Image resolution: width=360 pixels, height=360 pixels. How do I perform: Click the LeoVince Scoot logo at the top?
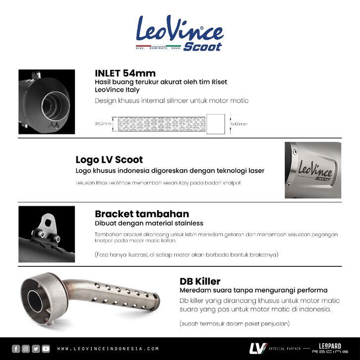[x=179, y=33]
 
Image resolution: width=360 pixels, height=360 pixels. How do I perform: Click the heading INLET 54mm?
[x=125, y=73]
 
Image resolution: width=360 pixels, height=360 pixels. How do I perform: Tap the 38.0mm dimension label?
[x=105, y=124]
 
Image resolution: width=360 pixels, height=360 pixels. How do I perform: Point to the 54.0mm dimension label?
[x=239, y=124]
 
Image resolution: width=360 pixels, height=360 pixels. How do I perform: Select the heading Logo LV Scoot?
[x=109, y=160]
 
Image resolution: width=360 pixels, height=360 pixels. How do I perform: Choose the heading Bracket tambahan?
[x=141, y=214]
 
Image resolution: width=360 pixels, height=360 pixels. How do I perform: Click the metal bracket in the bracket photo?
[x=47, y=226]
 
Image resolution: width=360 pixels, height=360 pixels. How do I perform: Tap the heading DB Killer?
[x=200, y=281]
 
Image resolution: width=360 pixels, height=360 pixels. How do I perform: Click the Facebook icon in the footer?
[x=15, y=348]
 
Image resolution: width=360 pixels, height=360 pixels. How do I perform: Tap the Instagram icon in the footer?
[x=26, y=348]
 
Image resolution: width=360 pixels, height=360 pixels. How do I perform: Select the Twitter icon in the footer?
[x=36, y=348]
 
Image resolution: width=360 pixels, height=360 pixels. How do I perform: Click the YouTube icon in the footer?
[x=46, y=348]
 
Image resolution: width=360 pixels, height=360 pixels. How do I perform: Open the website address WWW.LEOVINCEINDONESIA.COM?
[x=108, y=349]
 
